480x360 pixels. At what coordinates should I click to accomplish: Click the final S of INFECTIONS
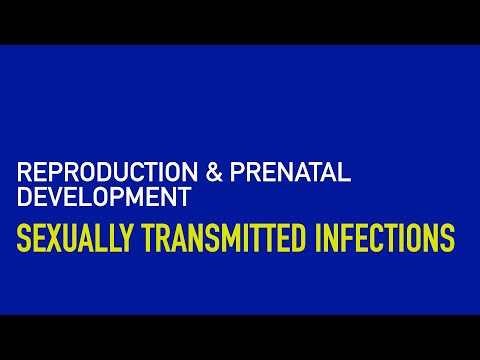tap(447, 240)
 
